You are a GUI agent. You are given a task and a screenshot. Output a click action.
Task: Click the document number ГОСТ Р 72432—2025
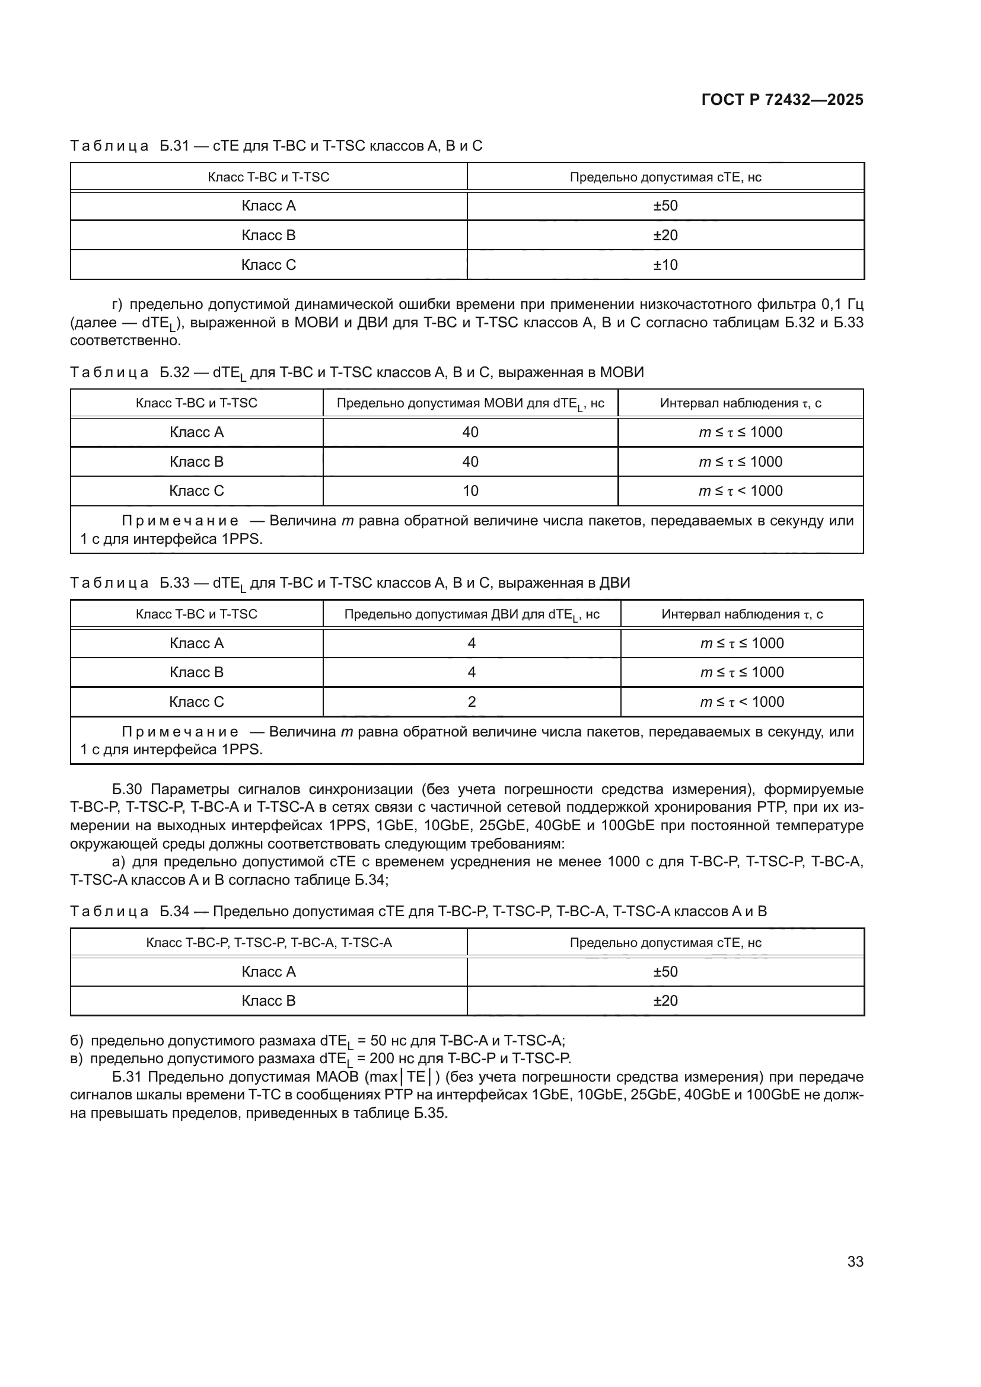pos(782,100)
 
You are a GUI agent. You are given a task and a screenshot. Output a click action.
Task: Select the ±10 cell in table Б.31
pos(665,264)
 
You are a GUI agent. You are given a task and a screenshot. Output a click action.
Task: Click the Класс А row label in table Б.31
pos(268,205)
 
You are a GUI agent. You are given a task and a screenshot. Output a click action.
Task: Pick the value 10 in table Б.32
pos(470,490)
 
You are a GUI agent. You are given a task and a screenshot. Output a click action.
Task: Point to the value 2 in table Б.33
pos(471,702)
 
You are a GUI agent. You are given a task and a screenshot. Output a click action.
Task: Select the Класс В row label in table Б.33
pos(196,672)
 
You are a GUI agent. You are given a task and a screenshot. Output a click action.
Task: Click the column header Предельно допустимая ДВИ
pos(471,614)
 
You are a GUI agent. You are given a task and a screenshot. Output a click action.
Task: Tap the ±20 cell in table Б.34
pos(665,1000)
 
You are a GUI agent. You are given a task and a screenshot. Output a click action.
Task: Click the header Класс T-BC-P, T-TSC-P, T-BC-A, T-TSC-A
pos(268,942)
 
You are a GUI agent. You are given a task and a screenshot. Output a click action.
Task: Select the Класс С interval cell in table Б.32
pos(740,490)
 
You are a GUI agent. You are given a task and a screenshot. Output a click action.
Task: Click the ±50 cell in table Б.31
pos(665,205)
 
